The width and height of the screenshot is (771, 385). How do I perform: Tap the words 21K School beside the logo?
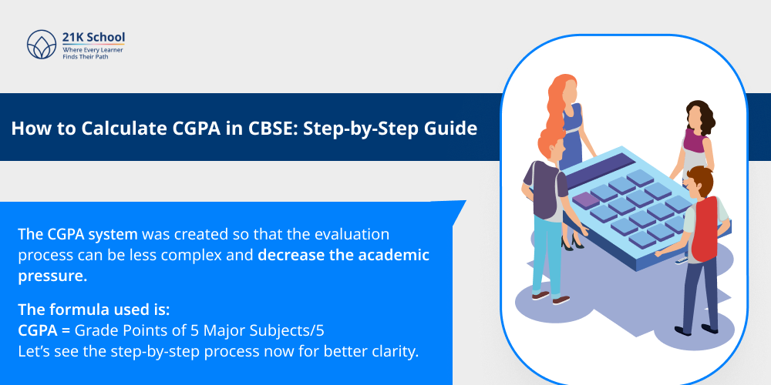point(93,37)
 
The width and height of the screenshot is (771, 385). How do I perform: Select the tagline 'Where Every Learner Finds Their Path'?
point(93,52)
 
